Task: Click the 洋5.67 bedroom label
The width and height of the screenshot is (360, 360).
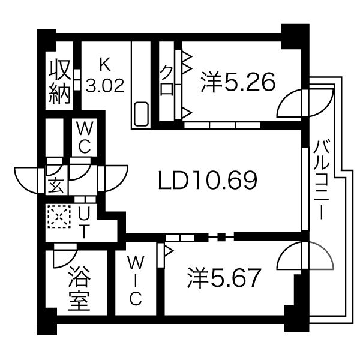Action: click(x=225, y=277)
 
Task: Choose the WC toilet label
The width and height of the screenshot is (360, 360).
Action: click(x=83, y=137)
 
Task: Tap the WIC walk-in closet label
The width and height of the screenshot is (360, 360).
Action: click(x=136, y=279)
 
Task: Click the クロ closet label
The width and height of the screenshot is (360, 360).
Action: click(x=167, y=81)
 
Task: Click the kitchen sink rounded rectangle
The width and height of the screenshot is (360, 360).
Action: click(x=142, y=113)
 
